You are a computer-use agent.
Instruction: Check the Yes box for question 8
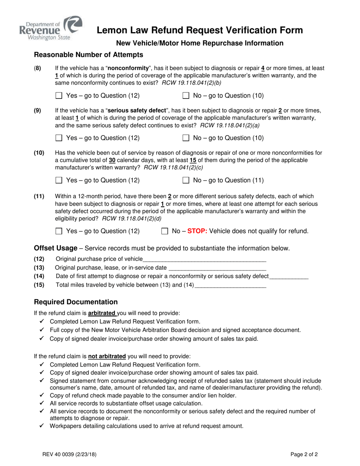(58, 96)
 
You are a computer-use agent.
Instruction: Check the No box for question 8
(186, 96)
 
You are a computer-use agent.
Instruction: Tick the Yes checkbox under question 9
(58, 138)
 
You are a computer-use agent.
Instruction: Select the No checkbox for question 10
(186, 181)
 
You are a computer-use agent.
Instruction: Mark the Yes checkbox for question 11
(58, 231)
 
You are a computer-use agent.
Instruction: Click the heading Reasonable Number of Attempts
(89, 55)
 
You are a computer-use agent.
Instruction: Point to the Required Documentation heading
(76, 302)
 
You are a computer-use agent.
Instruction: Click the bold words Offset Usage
(56, 248)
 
